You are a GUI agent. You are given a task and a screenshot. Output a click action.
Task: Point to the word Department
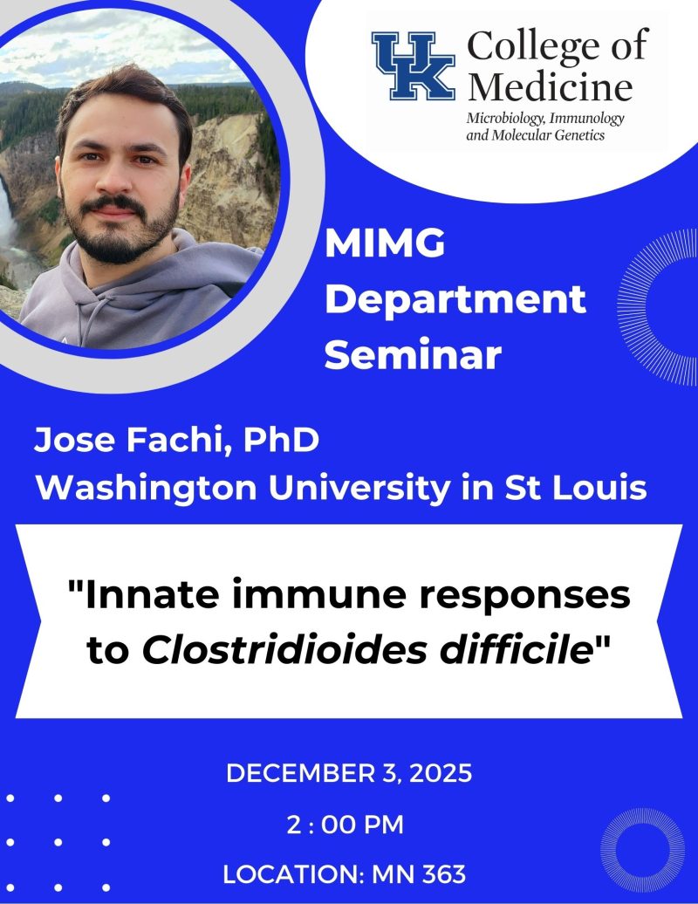point(461,301)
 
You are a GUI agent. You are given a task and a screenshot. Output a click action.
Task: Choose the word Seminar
point(418,356)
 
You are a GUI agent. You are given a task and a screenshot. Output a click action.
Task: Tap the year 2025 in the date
point(440,773)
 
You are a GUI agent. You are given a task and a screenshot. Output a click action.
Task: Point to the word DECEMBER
point(289,773)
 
